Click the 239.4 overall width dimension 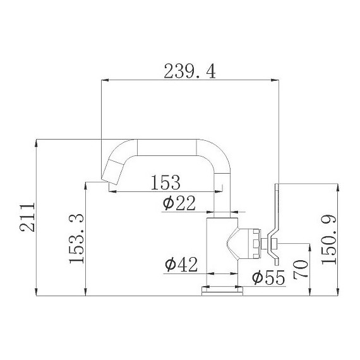click(x=189, y=71)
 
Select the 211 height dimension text click(x=27, y=217)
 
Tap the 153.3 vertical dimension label click(x=76, y=239)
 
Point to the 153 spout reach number click(x=165, y=183)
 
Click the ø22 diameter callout click(x=179, y=203)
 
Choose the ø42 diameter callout click(x=181, y=264)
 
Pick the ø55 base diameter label click(x=268, y=277)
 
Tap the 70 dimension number click(x=301, y=269)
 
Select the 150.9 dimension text click(x=329, y=240)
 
